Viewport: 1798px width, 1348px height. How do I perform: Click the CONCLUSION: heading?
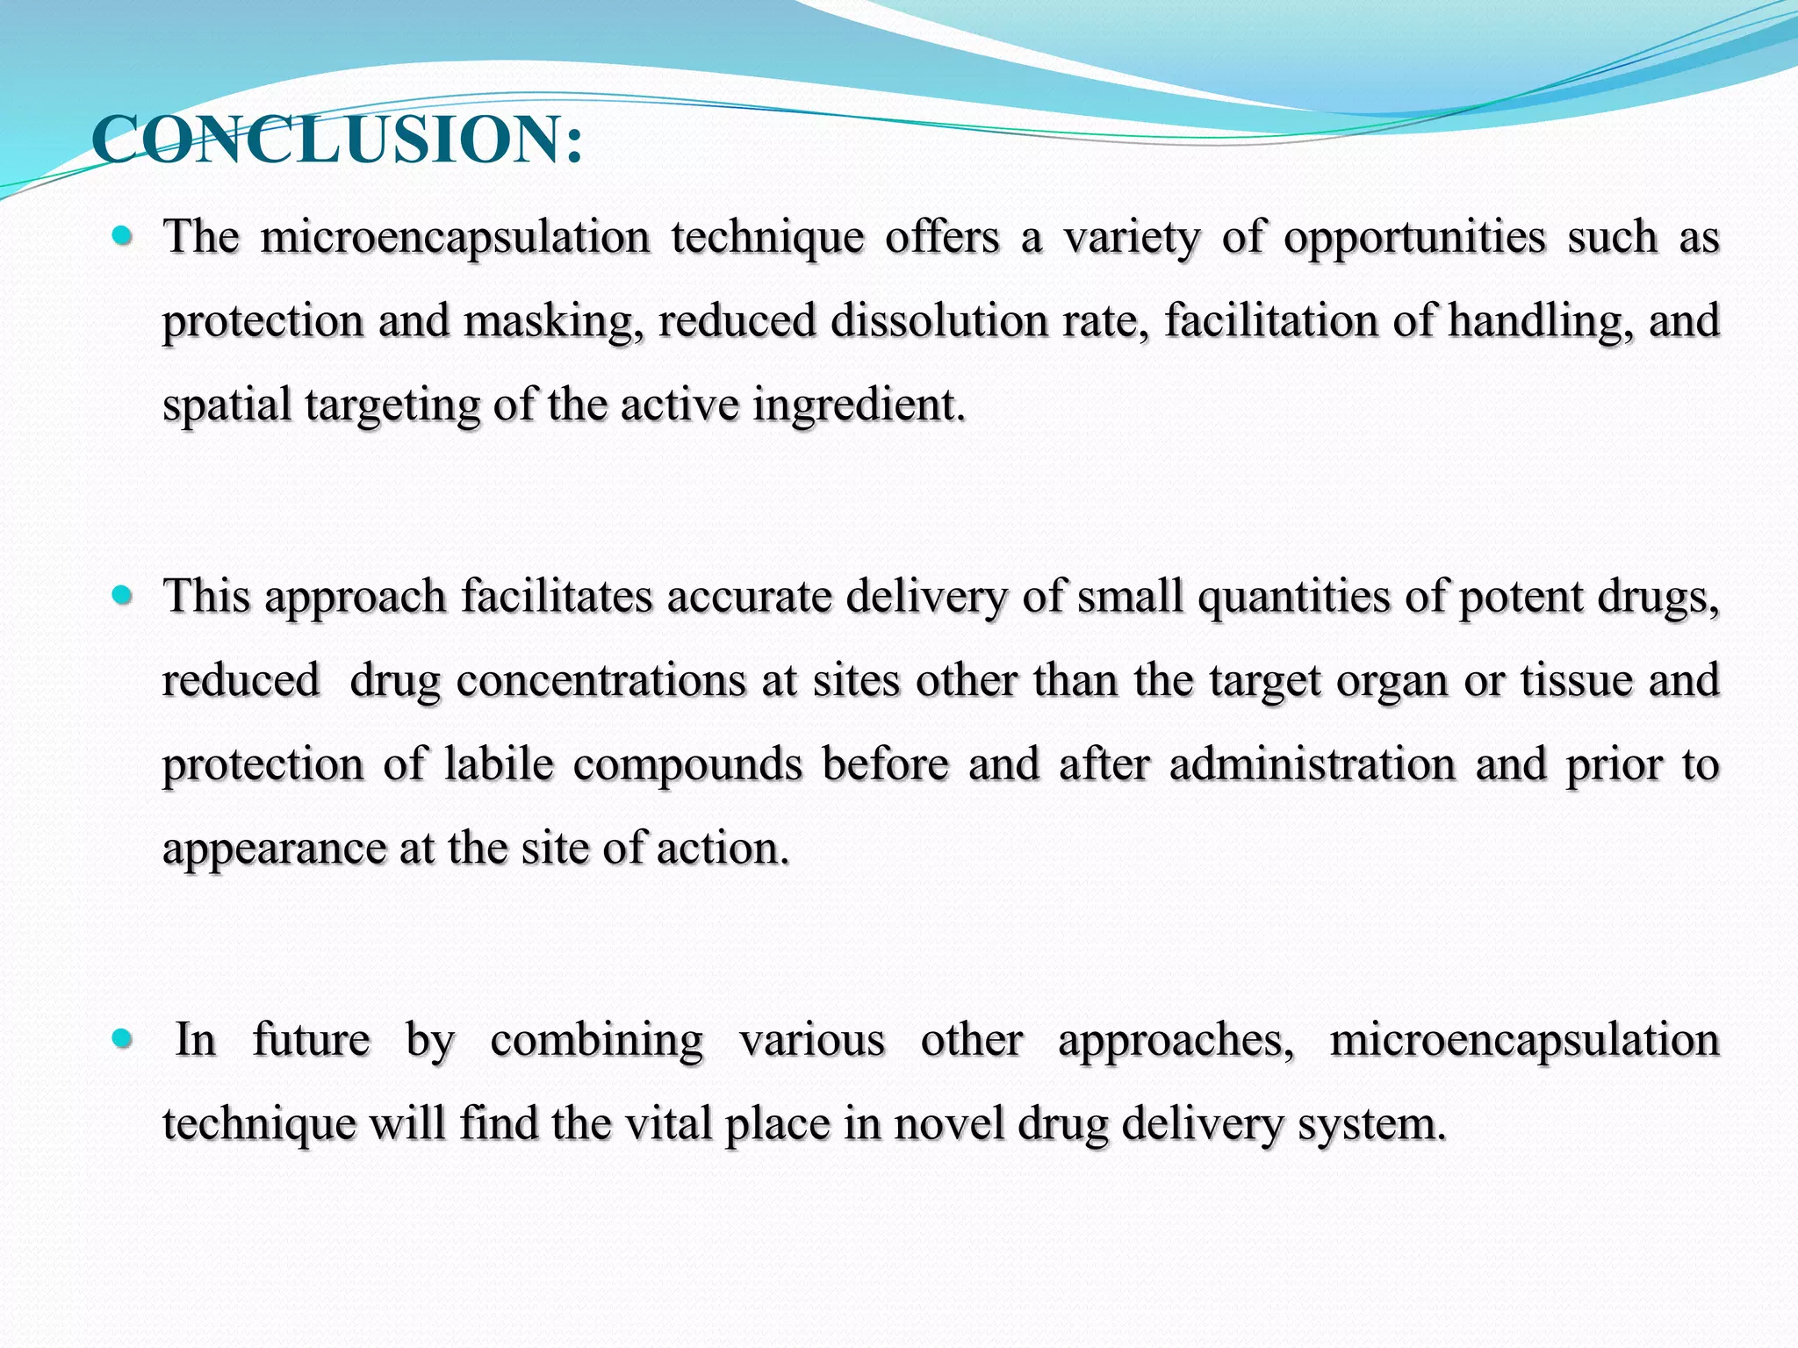click(337, 140)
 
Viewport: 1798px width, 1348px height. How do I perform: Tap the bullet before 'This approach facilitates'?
click(122, 596)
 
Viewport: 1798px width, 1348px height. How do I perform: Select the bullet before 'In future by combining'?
click(122, 1039)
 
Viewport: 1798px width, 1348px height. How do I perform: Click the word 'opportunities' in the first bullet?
click(1414, 239)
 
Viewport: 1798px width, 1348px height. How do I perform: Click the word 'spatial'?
click(227, 406)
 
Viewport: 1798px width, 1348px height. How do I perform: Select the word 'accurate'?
click(748, 597)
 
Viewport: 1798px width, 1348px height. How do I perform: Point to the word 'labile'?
click(499, 764)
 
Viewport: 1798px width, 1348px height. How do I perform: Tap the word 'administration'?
click(1312, 764)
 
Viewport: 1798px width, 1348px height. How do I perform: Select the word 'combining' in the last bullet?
click(596, 1042)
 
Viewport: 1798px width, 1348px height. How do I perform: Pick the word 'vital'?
click(667, 1123)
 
